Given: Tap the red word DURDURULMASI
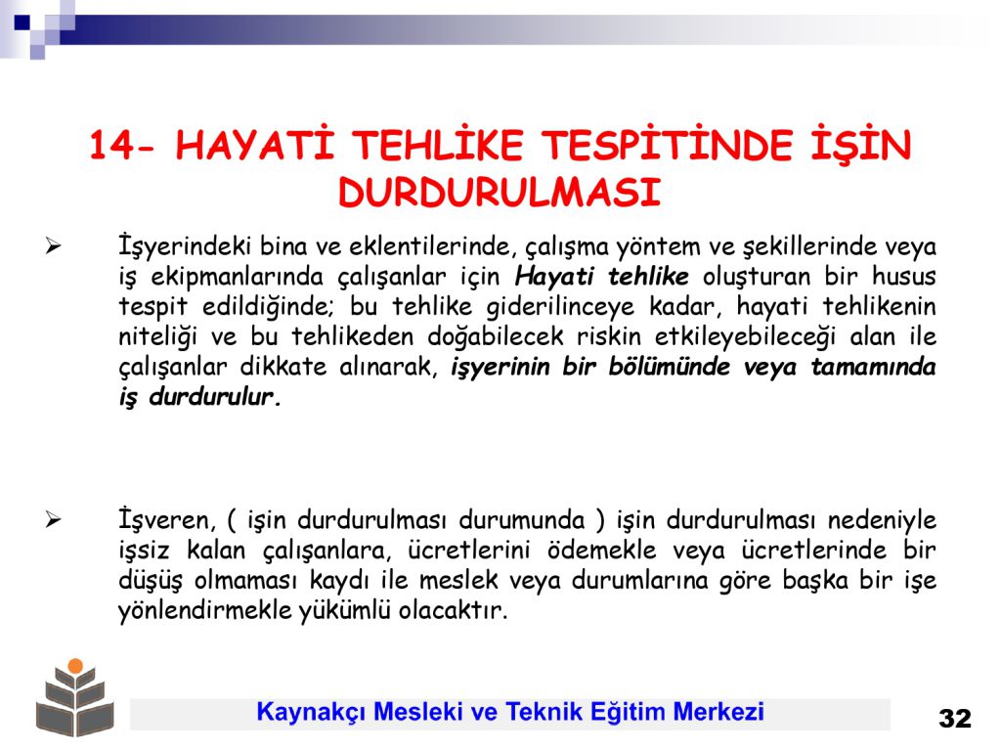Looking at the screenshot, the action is coord(500,192).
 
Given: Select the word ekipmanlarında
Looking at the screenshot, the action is coord(238,277).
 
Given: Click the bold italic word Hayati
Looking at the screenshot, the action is coord(554,277).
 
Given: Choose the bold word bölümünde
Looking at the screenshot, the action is coord(669,368).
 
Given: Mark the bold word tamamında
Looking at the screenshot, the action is coord(873,368).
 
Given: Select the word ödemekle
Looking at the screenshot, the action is coord(601,551).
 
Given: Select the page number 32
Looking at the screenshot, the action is coord(955,719).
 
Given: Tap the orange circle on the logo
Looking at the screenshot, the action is coord(75,666).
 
